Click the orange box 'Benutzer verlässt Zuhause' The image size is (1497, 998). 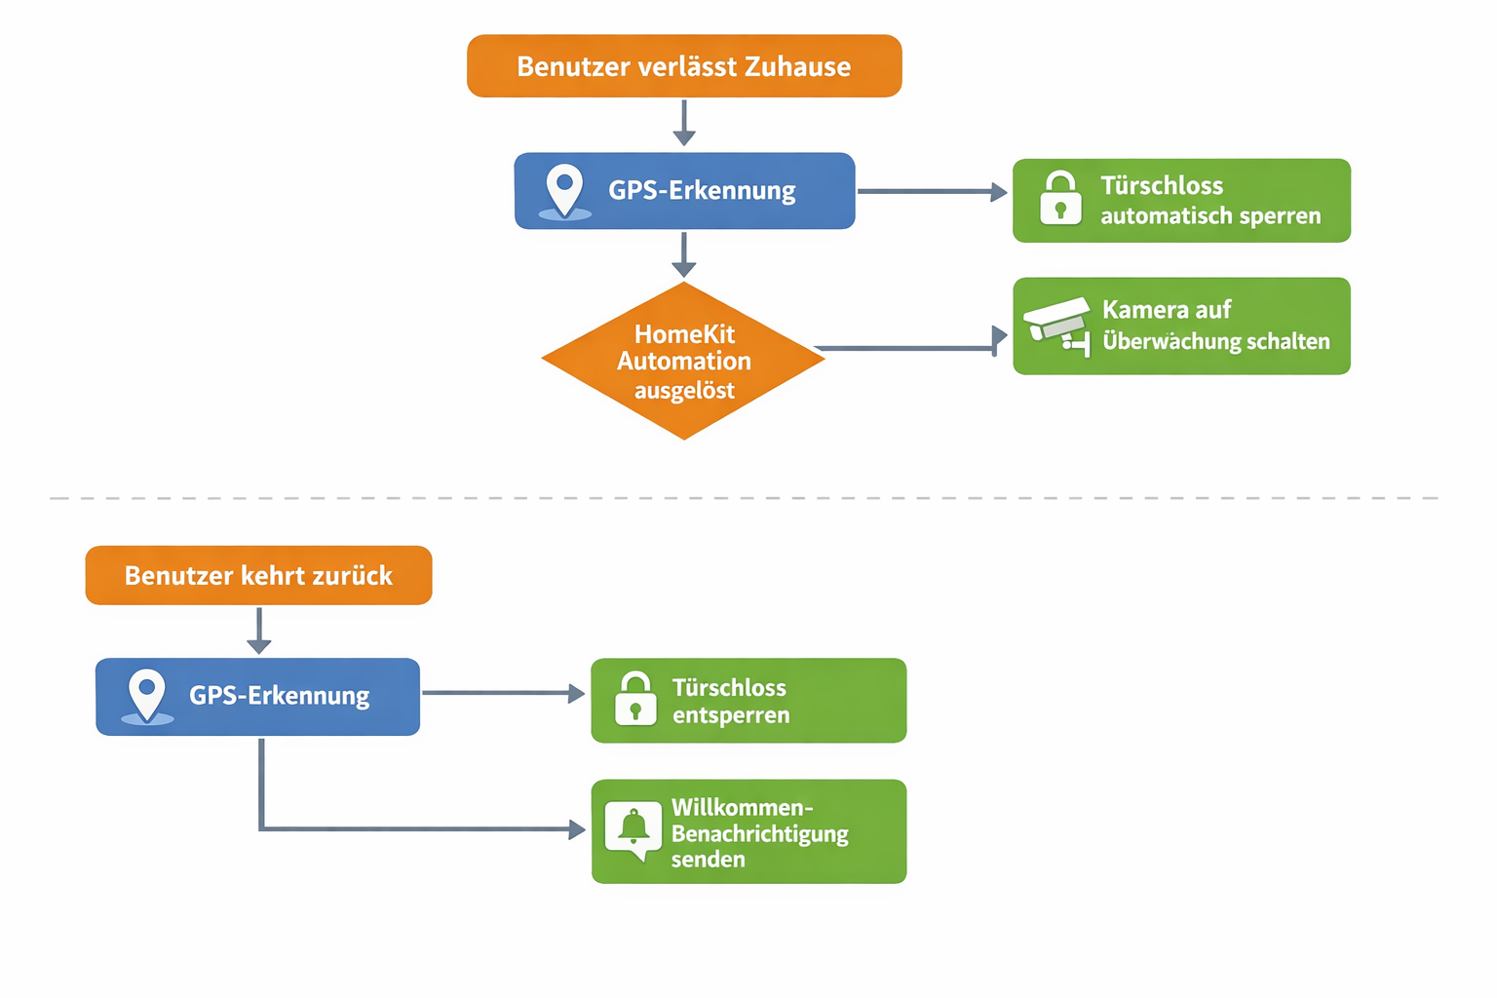[x=684, y=66]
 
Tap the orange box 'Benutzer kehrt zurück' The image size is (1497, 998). [x=258, y=575]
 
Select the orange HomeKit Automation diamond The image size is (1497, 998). [x=683, y=361]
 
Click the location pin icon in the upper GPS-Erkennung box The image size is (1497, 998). [x=564, y=189]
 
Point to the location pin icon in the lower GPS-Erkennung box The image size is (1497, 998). [x=147, y=695]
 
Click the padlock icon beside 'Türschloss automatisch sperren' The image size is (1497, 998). [x=1060, y=199]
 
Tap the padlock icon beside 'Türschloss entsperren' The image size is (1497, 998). [x=635, y=699]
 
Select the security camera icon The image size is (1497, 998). [x=1057, y=325]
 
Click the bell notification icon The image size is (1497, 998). [x=633, y=829]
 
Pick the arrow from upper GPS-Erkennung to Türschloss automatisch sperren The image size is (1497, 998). [x=931, y=192]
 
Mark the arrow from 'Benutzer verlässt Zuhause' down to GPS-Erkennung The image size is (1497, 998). [x=684, y=122]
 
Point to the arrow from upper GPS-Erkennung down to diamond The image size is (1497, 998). [x=684, y=254]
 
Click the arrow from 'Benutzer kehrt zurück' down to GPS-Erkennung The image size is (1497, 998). [x=259, y=631]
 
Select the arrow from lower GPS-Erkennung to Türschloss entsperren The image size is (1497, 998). [x=503, y=693]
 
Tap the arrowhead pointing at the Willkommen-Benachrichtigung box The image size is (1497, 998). [x=577, y=829]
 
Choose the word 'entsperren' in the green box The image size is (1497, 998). [x=730, y=715]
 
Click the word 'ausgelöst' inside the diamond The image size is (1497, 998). [x=684, y=391]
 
